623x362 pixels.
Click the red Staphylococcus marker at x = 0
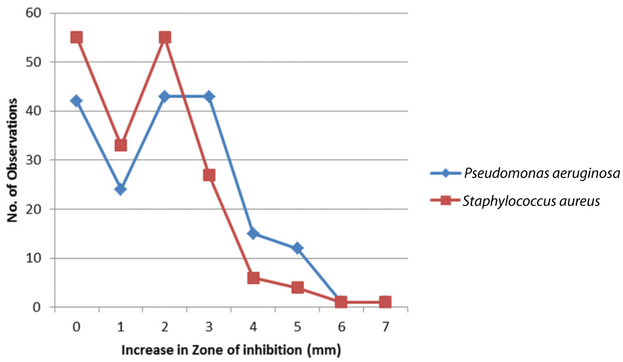(x=76, y=37)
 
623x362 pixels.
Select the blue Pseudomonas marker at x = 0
(x=76, y=101)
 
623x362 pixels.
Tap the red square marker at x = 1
(x=121, y=145)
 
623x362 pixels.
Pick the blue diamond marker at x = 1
(x=121, y=189)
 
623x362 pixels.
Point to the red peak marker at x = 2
(x=165, y=37)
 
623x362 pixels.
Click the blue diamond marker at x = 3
(x=209, y=97)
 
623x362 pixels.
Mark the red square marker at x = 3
(x=209, y=175)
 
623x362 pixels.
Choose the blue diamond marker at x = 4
(x=253, y=233)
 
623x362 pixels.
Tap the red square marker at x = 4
(x=253, y=278)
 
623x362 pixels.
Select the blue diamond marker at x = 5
(x=297, y=248)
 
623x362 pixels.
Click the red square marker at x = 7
(x=385, y=302)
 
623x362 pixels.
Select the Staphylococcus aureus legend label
(x=530, y=201)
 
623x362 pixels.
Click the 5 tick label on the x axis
(x=297, y=325)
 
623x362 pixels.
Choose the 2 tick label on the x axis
(x=165, y=325)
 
